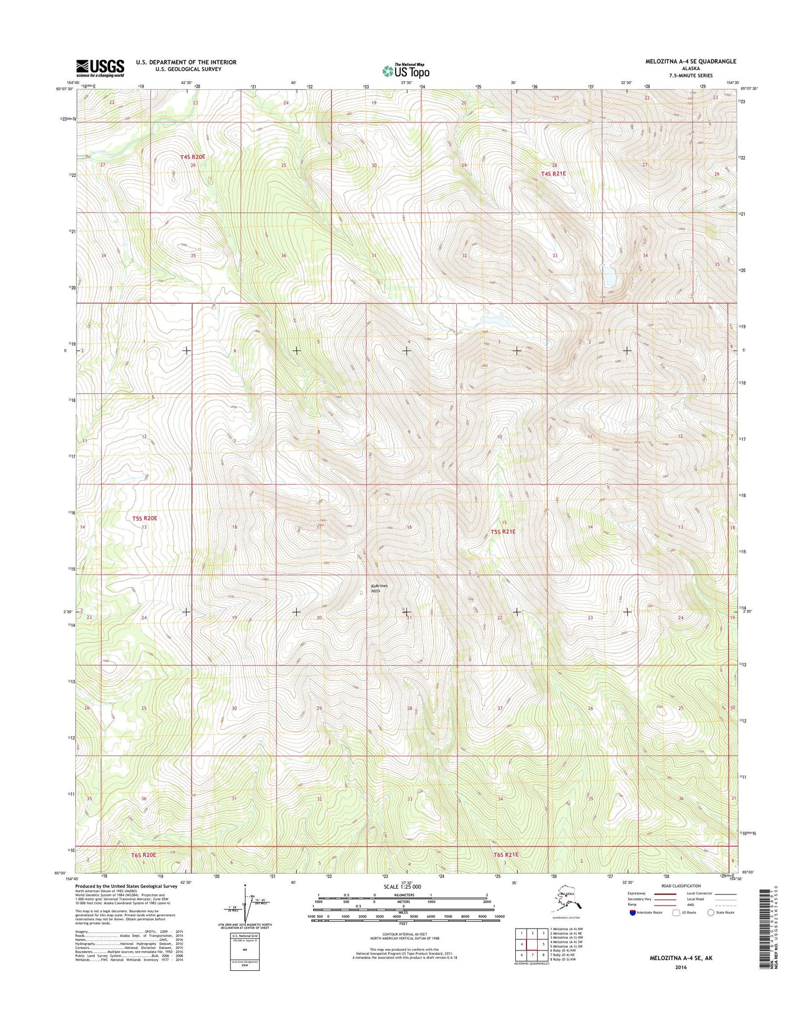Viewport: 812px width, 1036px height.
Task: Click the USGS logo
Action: [x=100, y=68]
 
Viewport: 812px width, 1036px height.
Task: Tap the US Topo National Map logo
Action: [x=406, y=71]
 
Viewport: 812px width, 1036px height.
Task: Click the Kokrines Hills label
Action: [x=379, y=588]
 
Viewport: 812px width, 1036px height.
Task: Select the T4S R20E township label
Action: [x=192, y=157]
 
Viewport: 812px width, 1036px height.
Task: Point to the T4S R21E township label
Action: [x=553, y=174]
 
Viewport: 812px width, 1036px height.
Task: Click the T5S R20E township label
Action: [x=144, y=518]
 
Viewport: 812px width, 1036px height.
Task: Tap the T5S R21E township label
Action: [x=502, y=531]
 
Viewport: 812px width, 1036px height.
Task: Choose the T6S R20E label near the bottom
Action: [x=143, y=855]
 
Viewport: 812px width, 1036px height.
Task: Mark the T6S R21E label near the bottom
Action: [x=506, y=855]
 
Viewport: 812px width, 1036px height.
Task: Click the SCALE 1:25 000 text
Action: [x=402, y=886]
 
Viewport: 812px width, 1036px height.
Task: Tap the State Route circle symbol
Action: [x=711, y=912]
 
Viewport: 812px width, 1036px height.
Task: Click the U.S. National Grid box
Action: [x=245, y=951]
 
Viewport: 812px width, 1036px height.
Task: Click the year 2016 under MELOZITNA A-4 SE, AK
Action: [x=681, y=967]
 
